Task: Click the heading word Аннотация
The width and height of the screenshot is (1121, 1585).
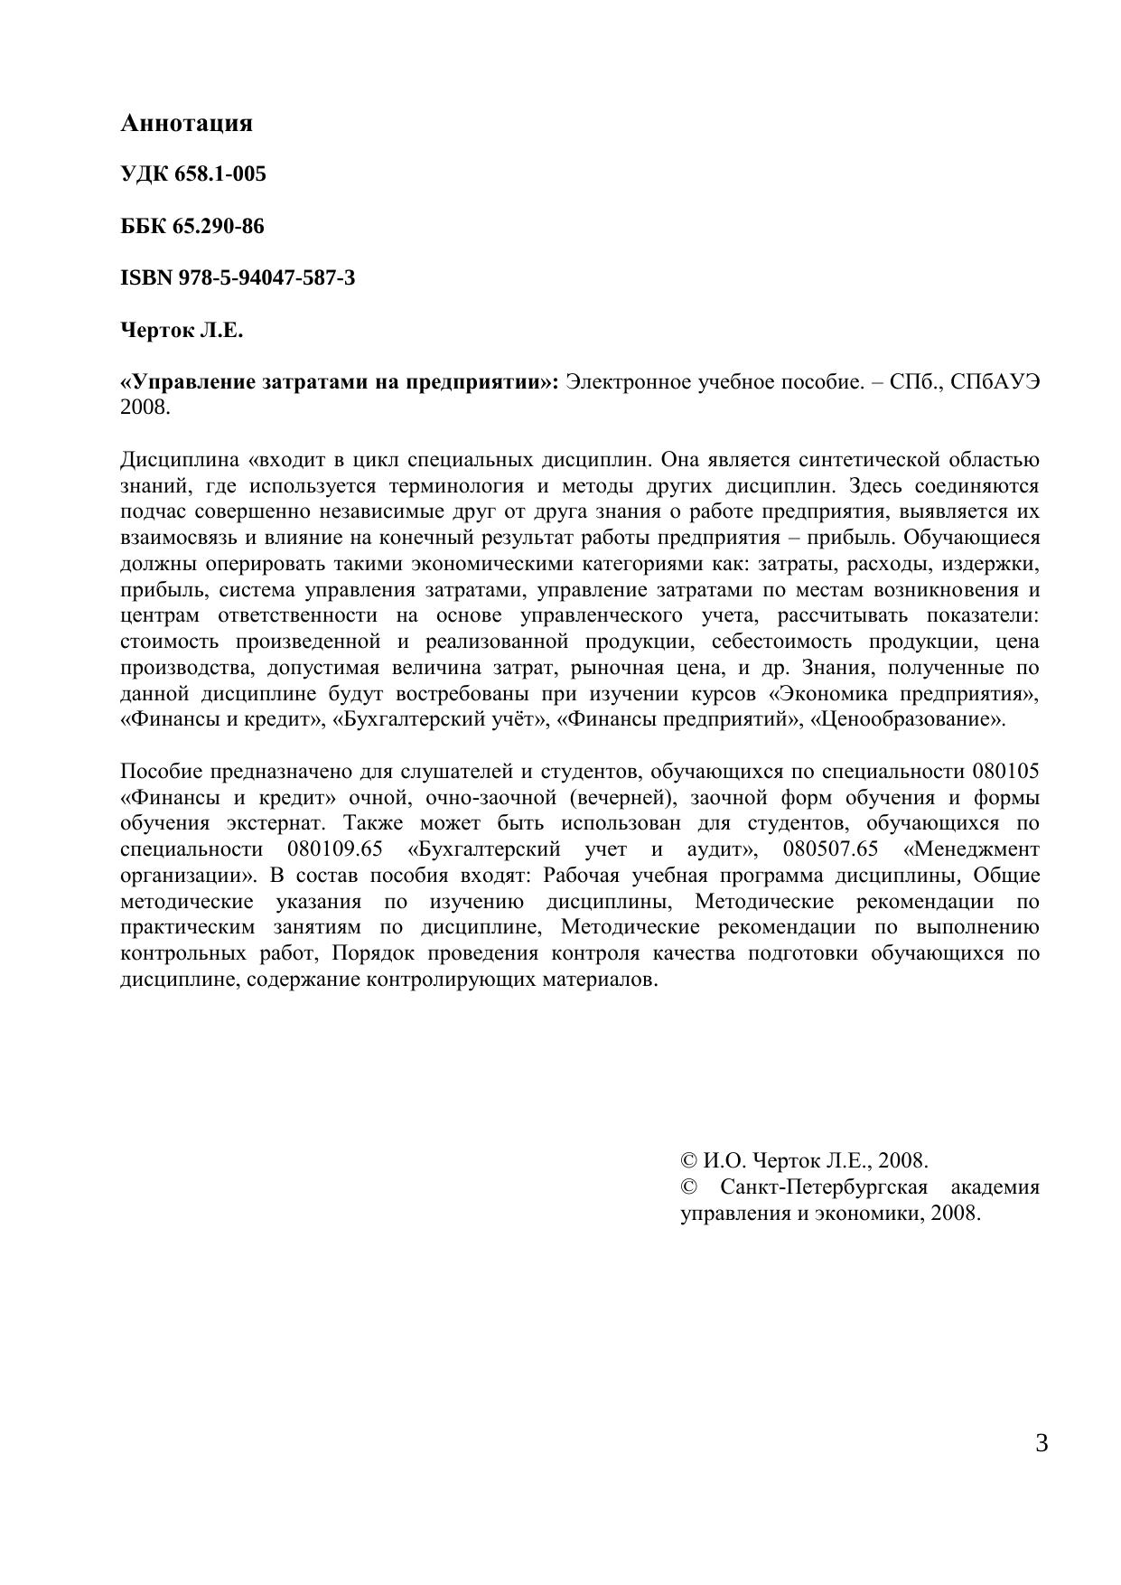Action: [186, 123]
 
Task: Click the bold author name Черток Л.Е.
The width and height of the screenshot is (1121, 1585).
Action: [182, 330]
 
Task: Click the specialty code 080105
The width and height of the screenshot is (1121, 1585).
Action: [1005, 772]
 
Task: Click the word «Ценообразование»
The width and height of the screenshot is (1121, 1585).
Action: [908, 720]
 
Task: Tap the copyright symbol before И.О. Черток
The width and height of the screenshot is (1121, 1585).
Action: [687, 1161]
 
